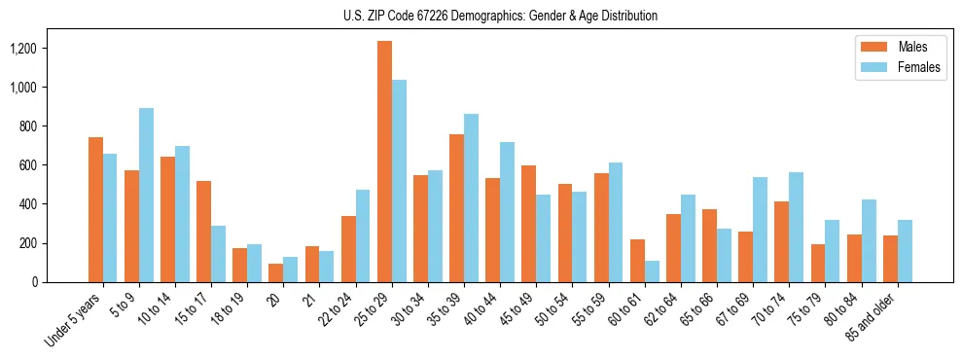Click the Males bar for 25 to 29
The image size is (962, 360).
384,162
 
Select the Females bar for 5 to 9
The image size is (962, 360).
146,195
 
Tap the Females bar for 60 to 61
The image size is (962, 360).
652,271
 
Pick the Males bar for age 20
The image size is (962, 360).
276,272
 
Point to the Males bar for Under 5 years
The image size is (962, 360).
95,209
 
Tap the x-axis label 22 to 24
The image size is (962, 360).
340,308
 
